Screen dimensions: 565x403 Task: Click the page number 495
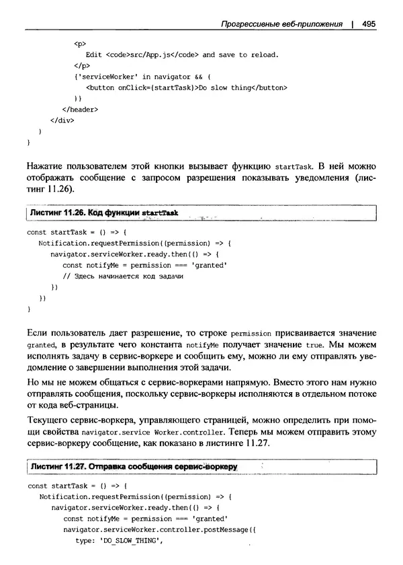(x=368, y=23)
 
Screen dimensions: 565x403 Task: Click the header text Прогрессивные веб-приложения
(x=281, y=23)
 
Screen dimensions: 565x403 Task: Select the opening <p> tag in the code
(x=79, y=42)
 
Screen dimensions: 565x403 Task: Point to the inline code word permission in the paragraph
(x=251, y=332)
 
